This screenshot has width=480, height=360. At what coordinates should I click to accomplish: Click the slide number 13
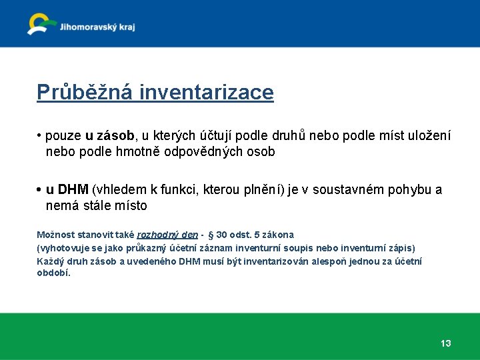(x=445, y=343)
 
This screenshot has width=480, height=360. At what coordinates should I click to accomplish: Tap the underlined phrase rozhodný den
(x=167, y=235)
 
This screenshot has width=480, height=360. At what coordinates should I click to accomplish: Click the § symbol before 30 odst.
(x=210, y=235)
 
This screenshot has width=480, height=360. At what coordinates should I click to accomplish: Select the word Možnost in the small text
(x=54, y=235)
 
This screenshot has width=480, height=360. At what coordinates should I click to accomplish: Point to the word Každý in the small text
(x=50, y=261)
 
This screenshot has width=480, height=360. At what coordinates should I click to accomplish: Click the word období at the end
(x=53, y=273)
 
